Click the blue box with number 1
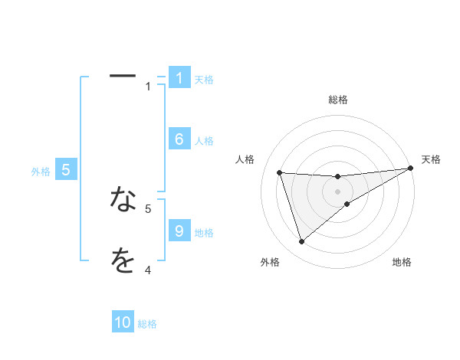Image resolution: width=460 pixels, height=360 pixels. click(179, 77)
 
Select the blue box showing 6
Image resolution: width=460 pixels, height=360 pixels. click(179, 139)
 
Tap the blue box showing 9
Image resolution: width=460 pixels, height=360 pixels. click(179, 231)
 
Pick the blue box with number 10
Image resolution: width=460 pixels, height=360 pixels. click(123, 322)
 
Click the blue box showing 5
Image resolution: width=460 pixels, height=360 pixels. click(66, 170)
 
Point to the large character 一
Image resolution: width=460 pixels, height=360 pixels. click(123, 76)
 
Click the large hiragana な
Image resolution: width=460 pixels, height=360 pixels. click(123, 199)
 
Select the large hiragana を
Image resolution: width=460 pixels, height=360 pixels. click(123, 260)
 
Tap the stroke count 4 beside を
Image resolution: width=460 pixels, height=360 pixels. click(148, 270)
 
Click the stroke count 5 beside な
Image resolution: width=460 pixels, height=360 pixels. click(148, 208)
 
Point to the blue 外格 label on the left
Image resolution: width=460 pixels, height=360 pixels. click(41, 172)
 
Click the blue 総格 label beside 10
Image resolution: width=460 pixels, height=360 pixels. click(147, 324)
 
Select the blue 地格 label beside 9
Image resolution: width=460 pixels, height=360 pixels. click(204, 233)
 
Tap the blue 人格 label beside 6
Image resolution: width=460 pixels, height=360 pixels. click(204, 141)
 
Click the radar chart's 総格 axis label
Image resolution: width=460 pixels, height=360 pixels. click(337, 100)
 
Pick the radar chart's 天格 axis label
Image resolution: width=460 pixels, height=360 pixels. click(431, 159)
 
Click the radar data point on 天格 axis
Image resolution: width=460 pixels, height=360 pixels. click(409, 169)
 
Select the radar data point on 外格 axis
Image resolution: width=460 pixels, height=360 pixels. click(301, 242)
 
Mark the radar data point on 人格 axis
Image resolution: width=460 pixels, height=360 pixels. click(280, 172)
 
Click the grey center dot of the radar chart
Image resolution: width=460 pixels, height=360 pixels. click(337, 191)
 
